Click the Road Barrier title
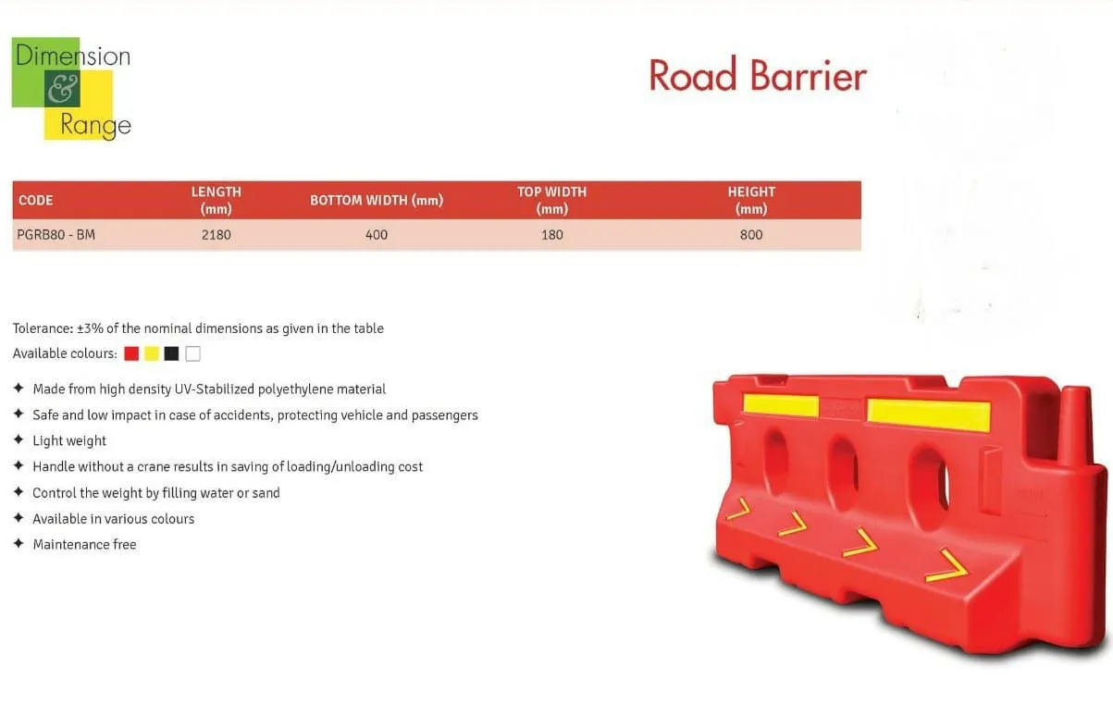[758, 76]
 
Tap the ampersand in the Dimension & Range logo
[63, 89]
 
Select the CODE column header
[36, 200]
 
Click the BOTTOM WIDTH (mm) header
[377, 200]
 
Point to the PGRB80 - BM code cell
[56, 234]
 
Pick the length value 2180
[216, 234]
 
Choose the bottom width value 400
[377, 234]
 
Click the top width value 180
[552, 234]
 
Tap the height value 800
[751, 234]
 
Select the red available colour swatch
[131, 353]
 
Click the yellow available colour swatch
[152, 353]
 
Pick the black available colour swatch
[171, 353]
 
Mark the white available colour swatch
[192, 353]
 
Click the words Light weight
[69, 440]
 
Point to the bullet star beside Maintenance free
[19, 543]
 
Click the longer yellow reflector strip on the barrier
[929, 414]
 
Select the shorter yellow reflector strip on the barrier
[781, 405]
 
